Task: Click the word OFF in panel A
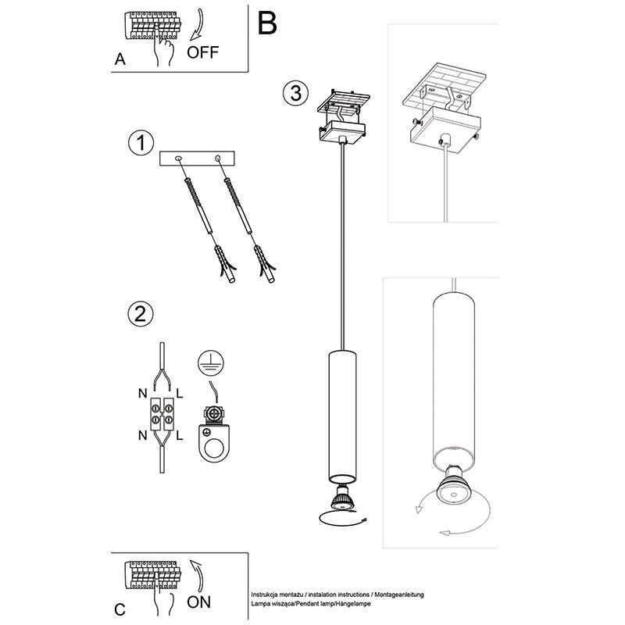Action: point(203,52)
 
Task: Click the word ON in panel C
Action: point(200,602)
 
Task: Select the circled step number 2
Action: point(140,314)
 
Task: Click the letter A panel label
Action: point(119,59)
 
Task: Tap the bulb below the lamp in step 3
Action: point(341,495)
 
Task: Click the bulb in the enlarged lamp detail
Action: point(448,485)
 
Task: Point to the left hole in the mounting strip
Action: point(180,159)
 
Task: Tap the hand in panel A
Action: point(163,50)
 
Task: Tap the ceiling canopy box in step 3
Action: point(342,132)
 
